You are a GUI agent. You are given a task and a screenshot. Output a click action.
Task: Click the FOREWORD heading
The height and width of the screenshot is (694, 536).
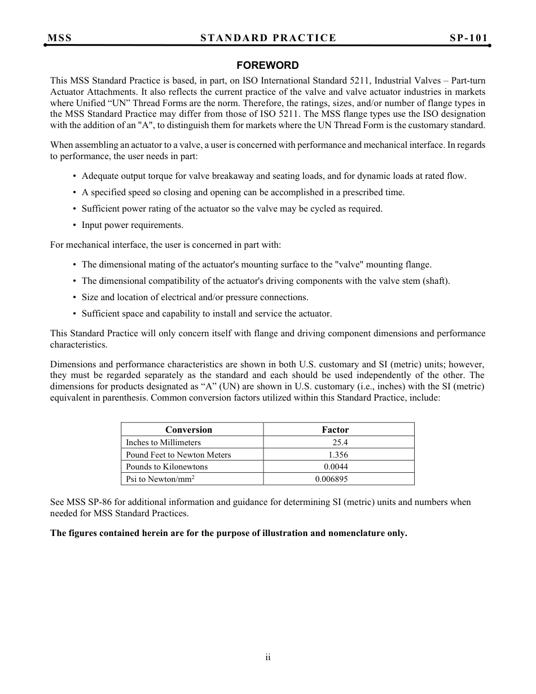coord(267,65)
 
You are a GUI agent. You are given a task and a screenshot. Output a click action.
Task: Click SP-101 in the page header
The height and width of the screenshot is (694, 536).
coord(468,38)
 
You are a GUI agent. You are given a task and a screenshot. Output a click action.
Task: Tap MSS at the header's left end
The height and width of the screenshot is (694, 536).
coord(59,38)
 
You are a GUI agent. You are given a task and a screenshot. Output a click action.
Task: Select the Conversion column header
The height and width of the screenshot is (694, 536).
coord(188,429)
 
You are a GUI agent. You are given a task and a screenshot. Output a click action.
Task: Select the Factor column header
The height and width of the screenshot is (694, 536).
coord(335,429)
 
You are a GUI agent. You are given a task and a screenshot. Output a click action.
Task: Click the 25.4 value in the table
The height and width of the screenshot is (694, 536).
coord(340,442)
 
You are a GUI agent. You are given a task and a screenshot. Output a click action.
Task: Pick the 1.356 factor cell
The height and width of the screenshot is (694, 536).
coord(338,455)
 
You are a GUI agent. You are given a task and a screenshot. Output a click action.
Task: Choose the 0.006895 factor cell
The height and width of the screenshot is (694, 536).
coord(331,479)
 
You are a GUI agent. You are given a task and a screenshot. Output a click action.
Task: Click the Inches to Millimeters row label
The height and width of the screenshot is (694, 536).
coord(163,442)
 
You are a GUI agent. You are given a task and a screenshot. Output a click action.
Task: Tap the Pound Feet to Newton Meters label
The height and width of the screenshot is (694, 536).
coord(178,455)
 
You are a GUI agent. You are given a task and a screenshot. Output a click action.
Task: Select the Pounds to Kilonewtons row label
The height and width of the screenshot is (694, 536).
coord(166,467)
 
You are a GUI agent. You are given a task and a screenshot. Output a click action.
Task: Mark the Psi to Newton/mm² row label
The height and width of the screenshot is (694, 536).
coord(160,479)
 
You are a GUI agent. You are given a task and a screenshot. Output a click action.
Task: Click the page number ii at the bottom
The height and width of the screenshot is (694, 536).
coord(268,657)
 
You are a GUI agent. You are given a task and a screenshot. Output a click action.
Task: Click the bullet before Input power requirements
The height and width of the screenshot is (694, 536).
coord(75,225)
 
